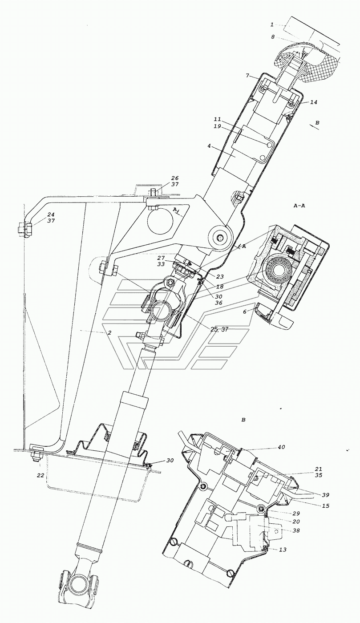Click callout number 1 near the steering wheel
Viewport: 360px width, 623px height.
(x=272, y=24)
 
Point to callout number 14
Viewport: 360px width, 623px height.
(x=314, y=102)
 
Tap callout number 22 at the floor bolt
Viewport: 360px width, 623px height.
(x=40, y=475)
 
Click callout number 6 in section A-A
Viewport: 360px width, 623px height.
(x=244, y=312)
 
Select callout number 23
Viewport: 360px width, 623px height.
(x=220, y=277)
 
